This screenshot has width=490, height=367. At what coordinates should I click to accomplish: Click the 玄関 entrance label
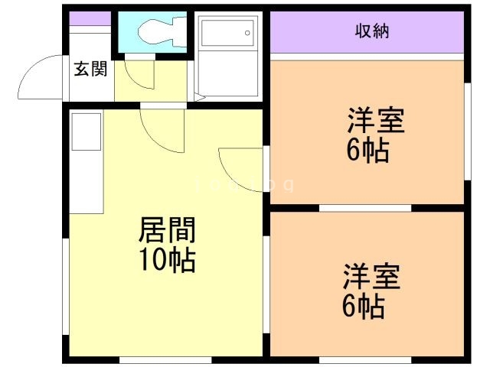[90, 70]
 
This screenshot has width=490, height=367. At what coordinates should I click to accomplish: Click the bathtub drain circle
[247, 33]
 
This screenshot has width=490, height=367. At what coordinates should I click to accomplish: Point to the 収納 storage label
[372, 31]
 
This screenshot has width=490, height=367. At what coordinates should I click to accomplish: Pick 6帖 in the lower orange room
[362, 305]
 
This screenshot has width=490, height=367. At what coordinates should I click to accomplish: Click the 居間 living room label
[166, 230]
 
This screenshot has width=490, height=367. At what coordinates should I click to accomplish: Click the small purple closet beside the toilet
[90, 18]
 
